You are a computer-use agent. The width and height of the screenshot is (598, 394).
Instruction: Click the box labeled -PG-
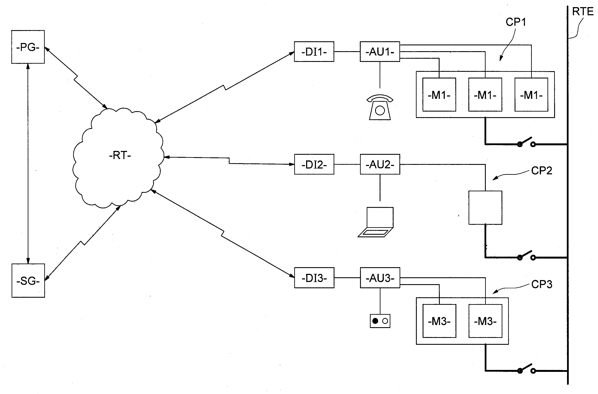(x=28, y=47)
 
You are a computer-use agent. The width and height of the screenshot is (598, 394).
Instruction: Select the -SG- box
(x=28, y=281)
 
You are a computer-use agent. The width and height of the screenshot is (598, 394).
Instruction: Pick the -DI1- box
(x=314, y=52)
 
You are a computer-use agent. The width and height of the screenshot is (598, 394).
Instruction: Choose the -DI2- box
(x=314, y=164)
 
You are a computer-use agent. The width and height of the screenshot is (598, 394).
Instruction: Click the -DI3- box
(x=314, y=278)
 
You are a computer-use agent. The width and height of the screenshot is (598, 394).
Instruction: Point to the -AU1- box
(x=380, y=52)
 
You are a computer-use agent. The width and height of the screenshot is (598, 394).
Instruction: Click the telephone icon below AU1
(x=380, y=107)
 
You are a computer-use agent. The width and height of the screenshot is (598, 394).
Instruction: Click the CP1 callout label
(x=516, y=22)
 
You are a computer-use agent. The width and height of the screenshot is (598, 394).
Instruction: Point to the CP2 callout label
(x=542, y=171)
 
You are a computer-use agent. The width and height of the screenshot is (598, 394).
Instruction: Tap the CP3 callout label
(x=542, y=284)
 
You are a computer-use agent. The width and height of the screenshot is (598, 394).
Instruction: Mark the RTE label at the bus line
(x=583, y=12)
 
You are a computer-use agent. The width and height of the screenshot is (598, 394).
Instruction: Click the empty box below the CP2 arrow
(x=485, y=208)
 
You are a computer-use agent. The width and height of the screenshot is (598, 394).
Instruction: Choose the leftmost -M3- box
(x=439, y=321)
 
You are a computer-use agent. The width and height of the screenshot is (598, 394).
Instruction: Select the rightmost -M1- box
(x=531, y=95)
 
